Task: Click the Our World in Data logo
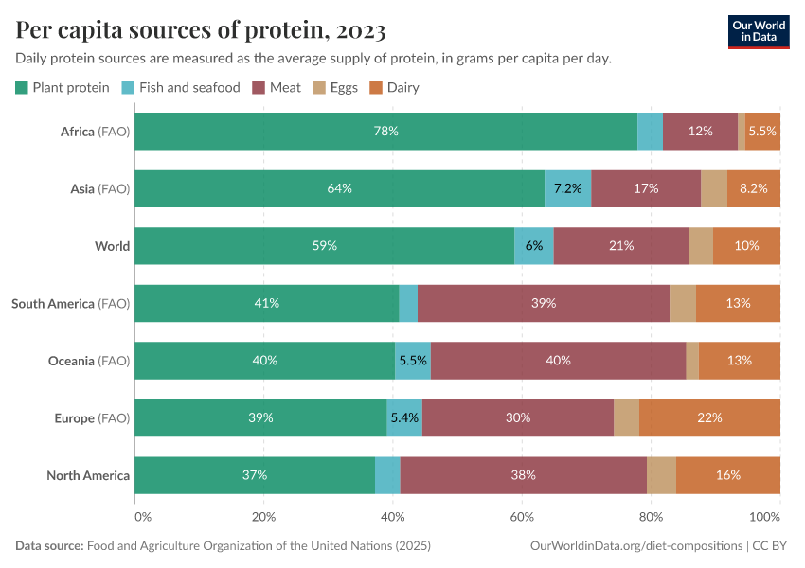coord(758,31)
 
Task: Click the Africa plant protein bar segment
coord(385,132)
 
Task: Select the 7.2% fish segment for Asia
coord(567,188)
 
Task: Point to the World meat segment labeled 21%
coord(621,245)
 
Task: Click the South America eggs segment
coord(682,303)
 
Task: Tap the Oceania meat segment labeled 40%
coord(558,361)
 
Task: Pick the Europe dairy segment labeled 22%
coord(709,417)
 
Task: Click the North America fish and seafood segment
coord(387,475)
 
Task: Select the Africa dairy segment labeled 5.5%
coord(762,132)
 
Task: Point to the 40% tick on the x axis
coord(393,517)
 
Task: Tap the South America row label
coord(69,303)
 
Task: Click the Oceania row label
coord(88,361)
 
